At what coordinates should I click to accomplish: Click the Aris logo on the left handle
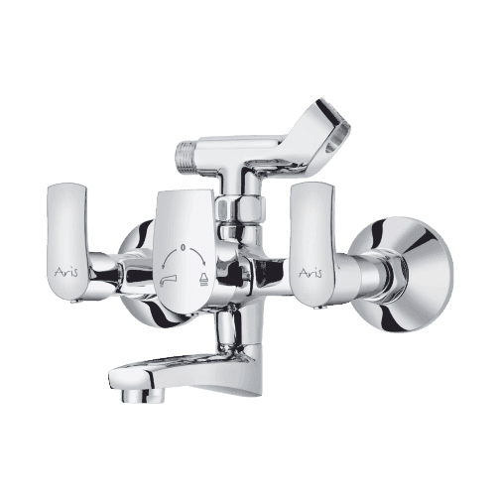(66, 273)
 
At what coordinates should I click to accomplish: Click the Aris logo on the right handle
(312, 273)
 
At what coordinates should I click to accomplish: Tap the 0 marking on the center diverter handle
(182, 247)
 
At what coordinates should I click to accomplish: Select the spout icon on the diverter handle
(167, 281)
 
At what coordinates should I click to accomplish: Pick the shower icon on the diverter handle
(201, 280)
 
